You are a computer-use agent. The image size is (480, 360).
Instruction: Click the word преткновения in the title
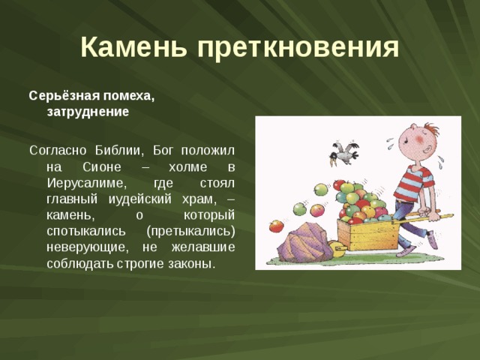coord(298,47)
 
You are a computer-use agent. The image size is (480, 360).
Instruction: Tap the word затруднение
coord(88,111)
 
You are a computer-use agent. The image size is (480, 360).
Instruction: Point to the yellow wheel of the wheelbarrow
coord(337,251)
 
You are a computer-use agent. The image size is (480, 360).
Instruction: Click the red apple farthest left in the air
coord(277,225)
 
